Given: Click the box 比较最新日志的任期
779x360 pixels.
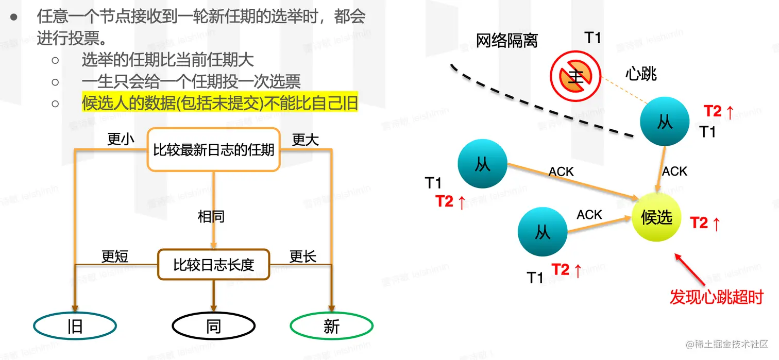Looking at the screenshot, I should pyautogui.click(x=213, y=150).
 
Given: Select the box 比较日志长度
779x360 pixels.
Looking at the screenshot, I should pyautogui.click(x=213, y=265).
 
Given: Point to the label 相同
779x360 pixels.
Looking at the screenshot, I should pyautogui.click(x=211, y=216).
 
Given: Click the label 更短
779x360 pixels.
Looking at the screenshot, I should pyautogui.click(x=114, y=256).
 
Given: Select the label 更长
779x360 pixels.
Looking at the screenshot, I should pyautogui.click(x=303, y=256).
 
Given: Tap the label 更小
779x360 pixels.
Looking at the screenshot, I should pyautogui.click(x=121, y=140).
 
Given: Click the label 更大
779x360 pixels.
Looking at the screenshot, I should pyautogui.click(x=306, y=140).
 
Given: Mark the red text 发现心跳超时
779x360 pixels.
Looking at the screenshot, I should pyautogui.click(x=716, y=297).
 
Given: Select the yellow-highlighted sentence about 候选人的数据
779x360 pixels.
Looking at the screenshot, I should pyautogui.click(x=220, y=102).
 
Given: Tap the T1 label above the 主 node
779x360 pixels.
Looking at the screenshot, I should pyautogui.click(x=592, y=37).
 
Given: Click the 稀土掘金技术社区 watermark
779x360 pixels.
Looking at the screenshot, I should pyautogui.click(x=726, y=344).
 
